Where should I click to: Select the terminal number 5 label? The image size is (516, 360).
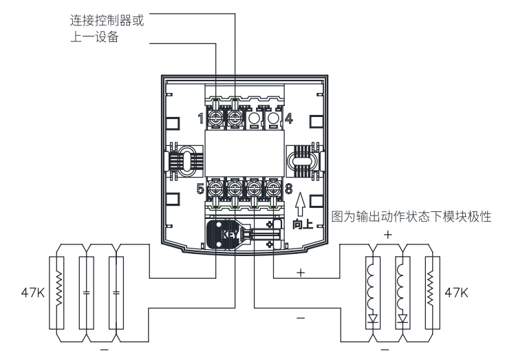pyautogui.click(x=200, y=187)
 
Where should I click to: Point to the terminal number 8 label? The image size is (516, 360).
pyautogui.click(x=289, y=187)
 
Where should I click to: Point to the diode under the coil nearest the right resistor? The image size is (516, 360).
pyautogui.click(x=404, y=319)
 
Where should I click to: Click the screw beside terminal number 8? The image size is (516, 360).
pyautogui.click(x=274, y=187)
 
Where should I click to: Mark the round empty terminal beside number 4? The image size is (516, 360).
pyautogui.click(x=274, y=118)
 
